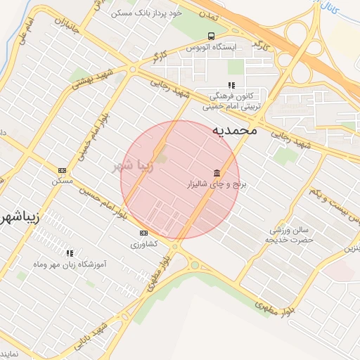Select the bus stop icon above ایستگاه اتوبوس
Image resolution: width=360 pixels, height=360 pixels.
(211, 36)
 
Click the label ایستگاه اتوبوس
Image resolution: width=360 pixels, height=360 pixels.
(213, 46)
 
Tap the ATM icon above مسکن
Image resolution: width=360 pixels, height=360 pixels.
(62, 170)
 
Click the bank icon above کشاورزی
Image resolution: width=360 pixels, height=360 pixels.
(144, 233)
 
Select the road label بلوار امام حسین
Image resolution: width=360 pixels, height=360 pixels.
(103, 201)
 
